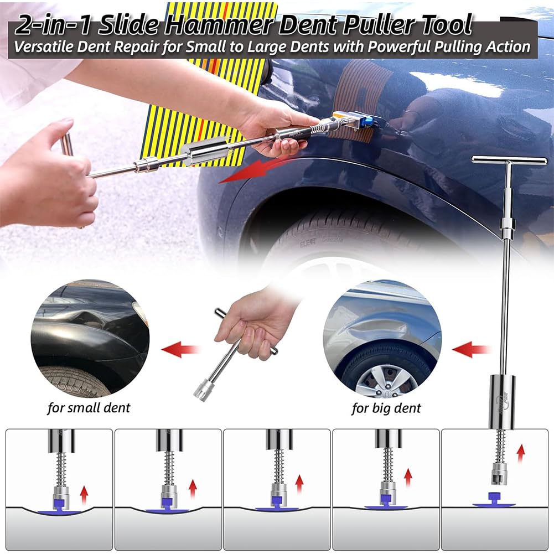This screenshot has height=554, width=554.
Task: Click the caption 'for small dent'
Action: pos(89,408)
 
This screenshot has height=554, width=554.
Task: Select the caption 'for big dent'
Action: pos(386,408)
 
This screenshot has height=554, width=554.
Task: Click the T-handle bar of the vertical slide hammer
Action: pos(509,160)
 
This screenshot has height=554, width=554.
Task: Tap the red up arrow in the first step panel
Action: pos(84,495)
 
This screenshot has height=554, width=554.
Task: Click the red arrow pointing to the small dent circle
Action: pos(180,349)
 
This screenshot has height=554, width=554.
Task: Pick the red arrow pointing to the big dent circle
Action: pos(471,349)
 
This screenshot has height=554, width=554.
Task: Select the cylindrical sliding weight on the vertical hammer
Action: pos(502,402)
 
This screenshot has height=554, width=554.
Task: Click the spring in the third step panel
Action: pos(279,467)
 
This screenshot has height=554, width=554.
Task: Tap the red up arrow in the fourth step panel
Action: pos(408,478)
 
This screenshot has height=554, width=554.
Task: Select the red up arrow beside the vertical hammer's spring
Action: pos(520,454)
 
